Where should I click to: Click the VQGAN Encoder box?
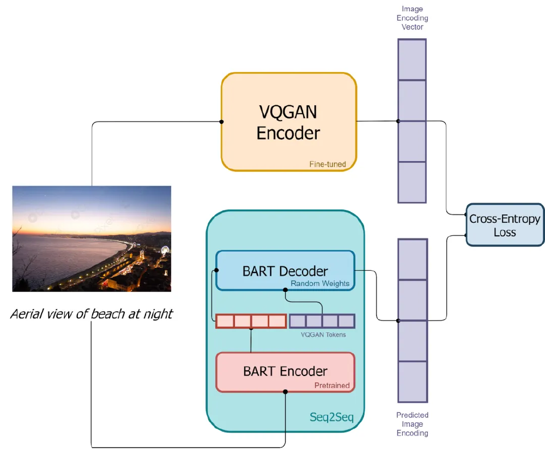tap(288, 122)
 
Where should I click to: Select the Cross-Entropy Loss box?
tap(505, 225)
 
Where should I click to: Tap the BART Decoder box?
tap(285, 271)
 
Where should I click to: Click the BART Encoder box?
tap(285, 372)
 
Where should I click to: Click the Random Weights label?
tap(320, 284)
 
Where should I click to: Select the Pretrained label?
tap(332, 385)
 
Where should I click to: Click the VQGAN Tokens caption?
tap(323, 335)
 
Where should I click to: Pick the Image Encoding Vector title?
tap(412, 18)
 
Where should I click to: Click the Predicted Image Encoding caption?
tap(412, 424)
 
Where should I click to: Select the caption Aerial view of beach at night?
tap(92, 314)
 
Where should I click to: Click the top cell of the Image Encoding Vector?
tap(412, 59)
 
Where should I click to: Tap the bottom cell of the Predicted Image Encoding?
tap(412, 382)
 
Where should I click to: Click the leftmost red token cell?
tap(225, 321)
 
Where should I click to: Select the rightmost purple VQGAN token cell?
tap(346, 321)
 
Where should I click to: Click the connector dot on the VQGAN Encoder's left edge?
tap(221, 122)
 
